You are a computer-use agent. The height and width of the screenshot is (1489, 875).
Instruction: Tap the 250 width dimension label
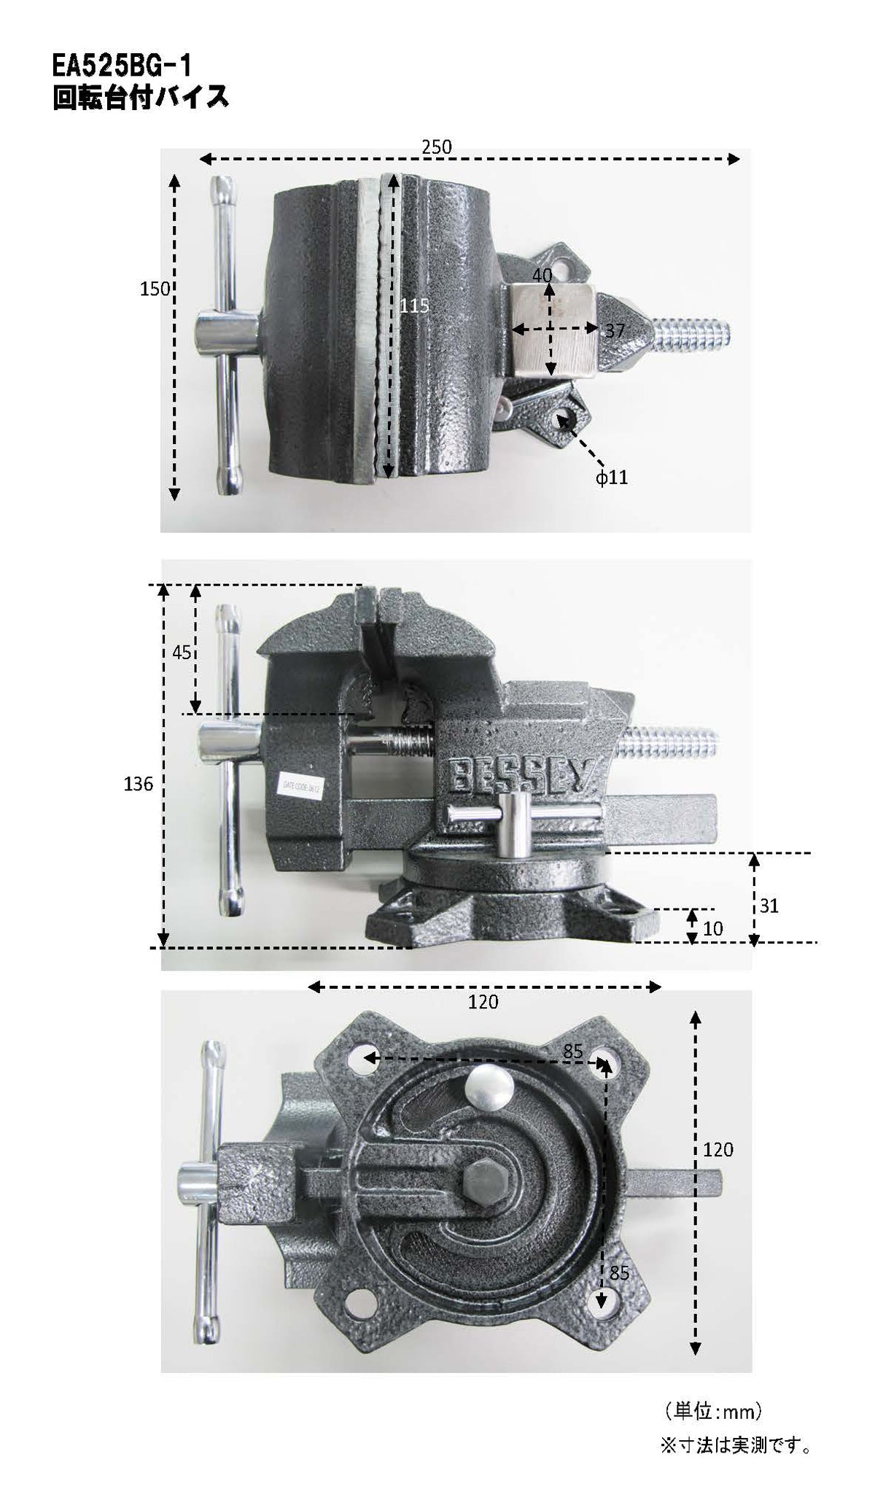(437, 147)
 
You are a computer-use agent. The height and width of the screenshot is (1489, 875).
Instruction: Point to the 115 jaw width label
(415, 306)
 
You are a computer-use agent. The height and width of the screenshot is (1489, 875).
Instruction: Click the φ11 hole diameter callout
(611, 478)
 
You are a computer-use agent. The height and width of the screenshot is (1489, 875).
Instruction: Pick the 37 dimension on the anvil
(615, 330)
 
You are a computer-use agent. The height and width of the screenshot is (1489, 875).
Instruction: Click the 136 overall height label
(139, 784)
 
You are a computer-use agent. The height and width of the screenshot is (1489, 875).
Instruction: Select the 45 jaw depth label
(182, 651)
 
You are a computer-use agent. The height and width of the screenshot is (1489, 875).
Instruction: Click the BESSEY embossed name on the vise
(524, 774)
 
